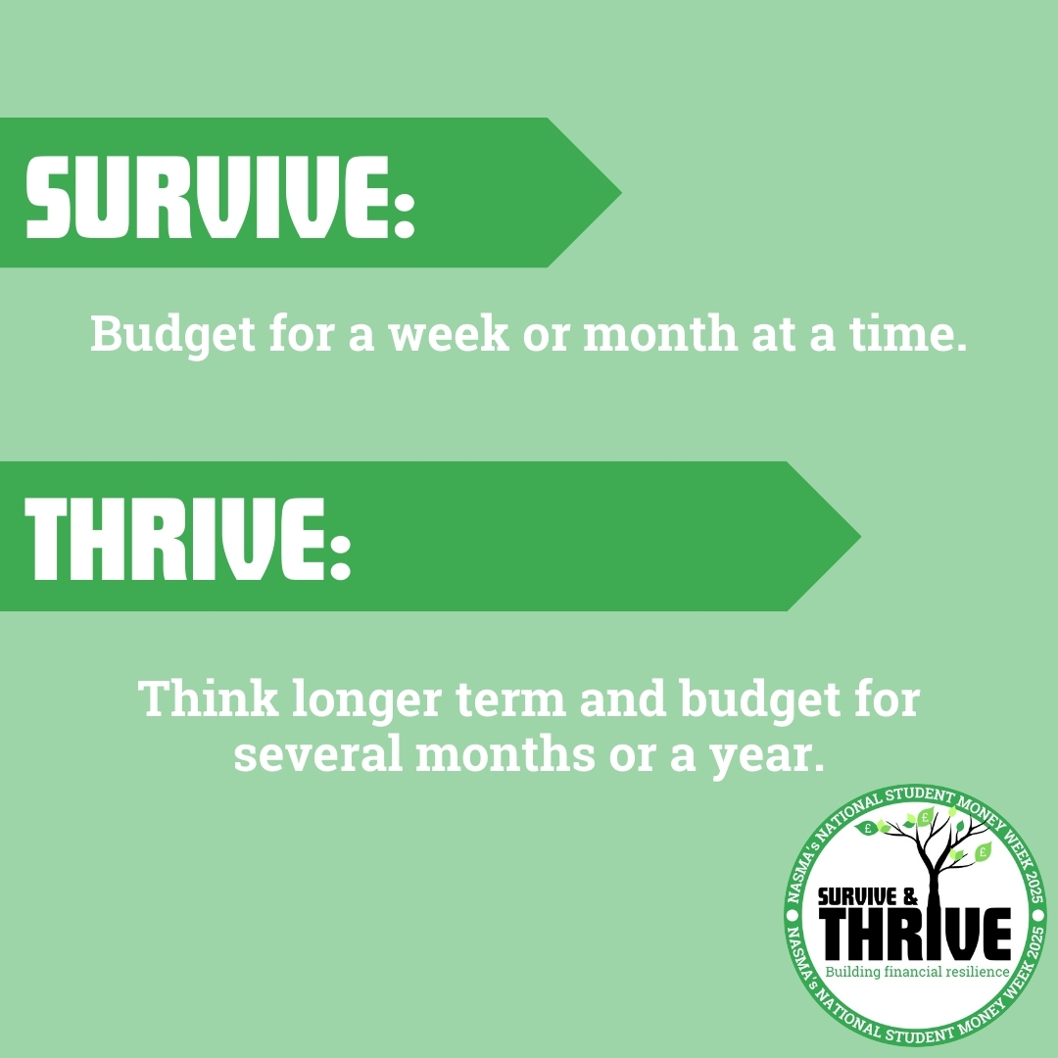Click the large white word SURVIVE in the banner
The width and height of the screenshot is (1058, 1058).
tap(208, 196)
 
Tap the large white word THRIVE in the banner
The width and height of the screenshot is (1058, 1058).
tap(175, 540)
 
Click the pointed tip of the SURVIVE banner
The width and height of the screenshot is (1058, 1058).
tap(621, 193)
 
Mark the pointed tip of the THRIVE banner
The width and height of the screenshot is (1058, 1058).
tap(860, 537)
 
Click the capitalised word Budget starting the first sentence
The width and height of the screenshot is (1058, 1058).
tap(172, 334)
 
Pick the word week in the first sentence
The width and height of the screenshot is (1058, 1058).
tap(449, 333)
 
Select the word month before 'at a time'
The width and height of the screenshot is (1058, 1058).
tap(660, 333)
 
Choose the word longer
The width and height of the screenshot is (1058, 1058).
tap(367, 701)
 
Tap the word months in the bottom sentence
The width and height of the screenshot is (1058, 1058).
tap(505, 753)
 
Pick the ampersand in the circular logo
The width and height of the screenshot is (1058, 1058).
tap(911, 897)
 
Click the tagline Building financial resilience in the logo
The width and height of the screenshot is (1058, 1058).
tap(918, 973)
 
